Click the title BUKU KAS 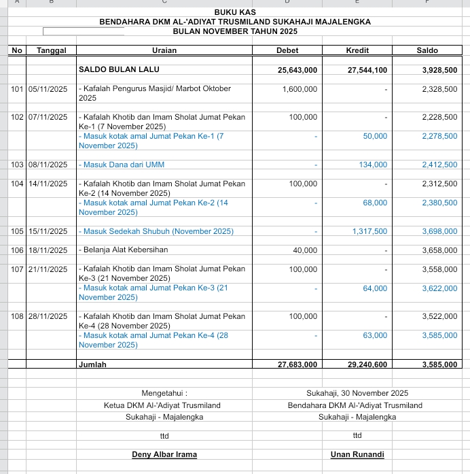pyautogui.click(x=235, y=12)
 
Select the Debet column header pyautogui.click(x=287, y=50)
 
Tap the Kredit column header pyautogui.click(x=357, y=50)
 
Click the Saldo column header pyautogui.click(x=427, y=50)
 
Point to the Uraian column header pyautogui.click(x=164, y=50)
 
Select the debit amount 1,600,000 pyautogui.click(x=300, y=89)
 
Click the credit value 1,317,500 pyautogui.click(x=369, y=232)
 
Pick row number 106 pyautogui.click(x=17, y=250)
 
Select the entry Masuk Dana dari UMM pyautogui.click(x=122, y=165)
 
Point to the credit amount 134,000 pyautogui.click(x=373, y=165)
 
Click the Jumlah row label pyautogui.click(x=93, y=365)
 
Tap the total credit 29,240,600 pyautogui.click(x=367, y=365)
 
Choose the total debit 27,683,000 pyautogui.click(x=297, y=365)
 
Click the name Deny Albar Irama pyautogui.click(x=164, y=454)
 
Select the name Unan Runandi pyautogui.click(x=357, y=454)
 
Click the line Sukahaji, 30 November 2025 pyautogui.click(x=357, y=393)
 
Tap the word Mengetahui pyautogui.click(x=164, y=393)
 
